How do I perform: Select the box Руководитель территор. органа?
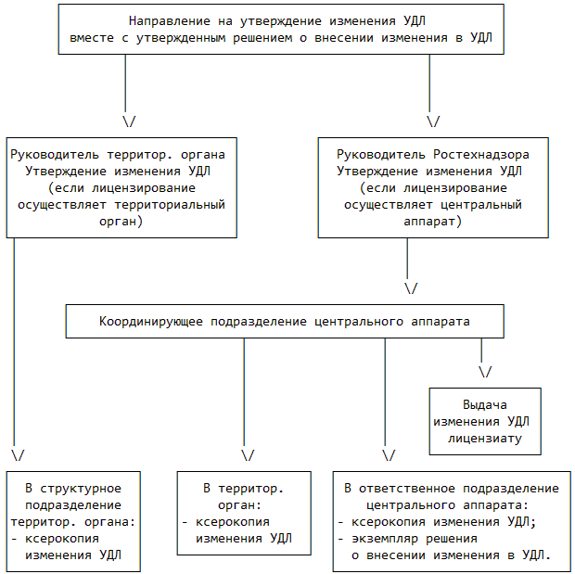click(x=119, y=186)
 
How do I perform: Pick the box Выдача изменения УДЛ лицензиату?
click(x=486, y=421)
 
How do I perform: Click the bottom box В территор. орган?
click(x=244, y=514)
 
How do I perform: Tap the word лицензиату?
click(x=486, y=438)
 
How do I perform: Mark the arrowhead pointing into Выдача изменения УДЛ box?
click(x=484, y=372)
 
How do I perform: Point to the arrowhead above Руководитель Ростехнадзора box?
click(x=432, y=121)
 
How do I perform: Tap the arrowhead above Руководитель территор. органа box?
click(x=129, y=121)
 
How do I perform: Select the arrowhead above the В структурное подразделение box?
click(x=18, y=455)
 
